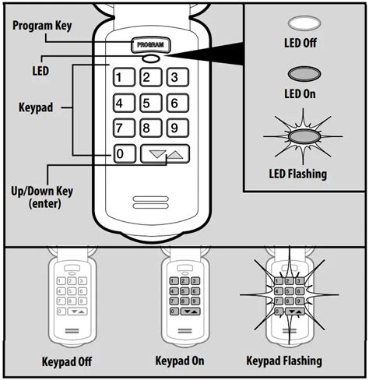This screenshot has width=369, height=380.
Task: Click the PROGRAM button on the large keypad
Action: [x=150, y=45]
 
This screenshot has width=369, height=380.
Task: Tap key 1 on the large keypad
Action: [x=121, y=76]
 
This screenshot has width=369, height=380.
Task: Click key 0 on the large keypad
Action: [x=121, y=154]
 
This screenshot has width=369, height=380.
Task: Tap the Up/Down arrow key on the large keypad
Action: [x=166, y=154]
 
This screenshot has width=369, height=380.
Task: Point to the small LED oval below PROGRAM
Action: [x=150, y=58]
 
